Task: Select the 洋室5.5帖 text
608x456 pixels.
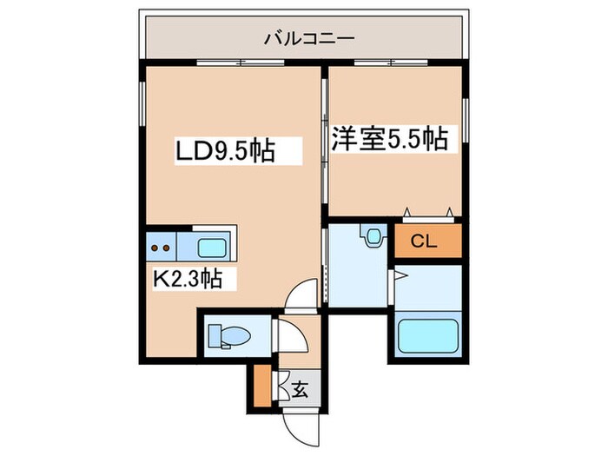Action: coord(389,139)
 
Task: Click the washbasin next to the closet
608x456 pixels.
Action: coord(374,235)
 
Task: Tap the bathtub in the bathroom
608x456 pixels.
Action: coord(429,336)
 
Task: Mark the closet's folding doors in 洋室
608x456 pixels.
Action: coord(428,211)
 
